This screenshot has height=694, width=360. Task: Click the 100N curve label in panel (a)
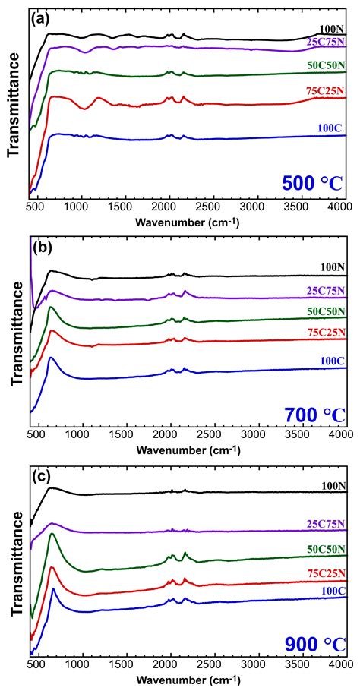[x=333, y=30]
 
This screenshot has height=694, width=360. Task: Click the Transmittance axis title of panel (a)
[x=13, y=109]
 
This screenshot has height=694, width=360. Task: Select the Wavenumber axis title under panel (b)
[x=189, y=448]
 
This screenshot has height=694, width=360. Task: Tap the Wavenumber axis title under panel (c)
[x=189, y=678]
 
